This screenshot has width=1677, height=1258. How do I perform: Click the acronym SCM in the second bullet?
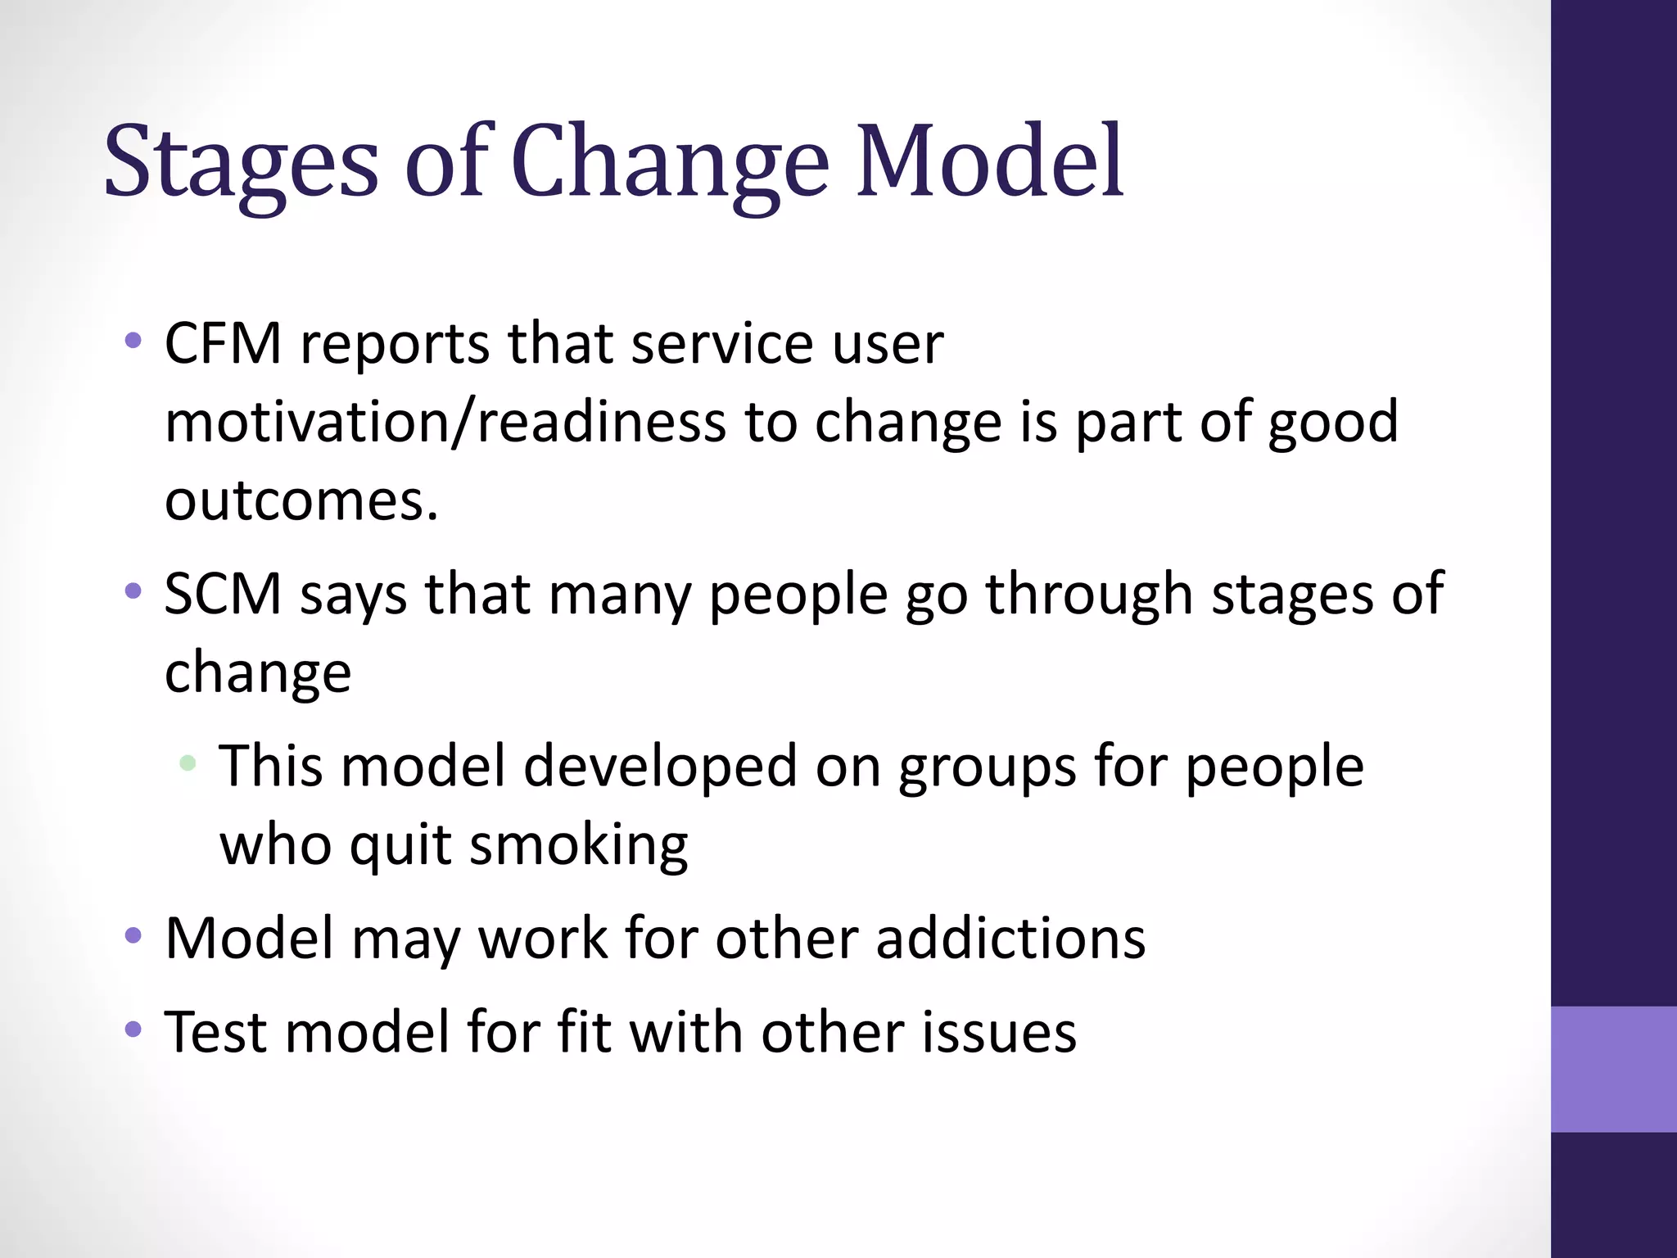(x=223, y=593)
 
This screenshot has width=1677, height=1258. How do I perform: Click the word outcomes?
(x=301, y=500)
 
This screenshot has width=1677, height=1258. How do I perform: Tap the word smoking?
(x=579, y=844)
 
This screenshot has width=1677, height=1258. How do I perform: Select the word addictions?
(x=1010, y=938)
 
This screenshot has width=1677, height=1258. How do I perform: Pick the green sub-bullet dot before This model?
(x=188, y=763)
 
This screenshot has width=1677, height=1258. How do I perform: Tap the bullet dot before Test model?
(x=133, y=1029)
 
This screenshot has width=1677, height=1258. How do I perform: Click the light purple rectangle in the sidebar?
(x=1613, y=1069)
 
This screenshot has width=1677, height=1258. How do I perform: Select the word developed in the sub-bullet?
(x=659, y=767)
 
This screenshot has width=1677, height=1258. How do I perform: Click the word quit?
(x=400, y=844)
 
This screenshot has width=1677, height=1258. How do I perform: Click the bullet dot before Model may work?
(x=133, y=934)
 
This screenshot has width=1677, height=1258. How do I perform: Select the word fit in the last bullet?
(x=584, y=1032)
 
